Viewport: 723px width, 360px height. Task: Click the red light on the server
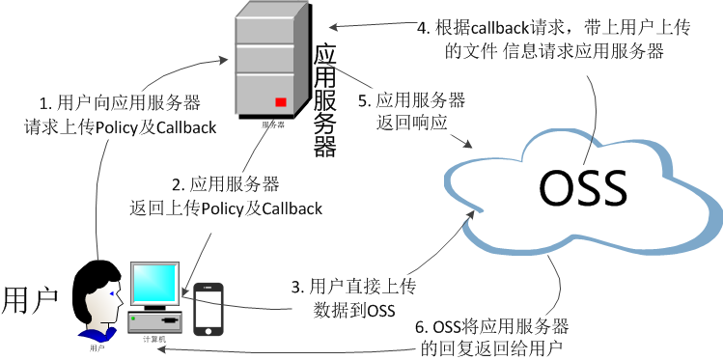click(281, 102)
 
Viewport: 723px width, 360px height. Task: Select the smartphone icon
click(209, 308)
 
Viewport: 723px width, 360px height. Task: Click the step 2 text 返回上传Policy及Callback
click(225, 208)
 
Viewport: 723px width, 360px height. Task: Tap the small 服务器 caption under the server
click(273, 125)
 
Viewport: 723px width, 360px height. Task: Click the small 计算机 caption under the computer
click(154, 339)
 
